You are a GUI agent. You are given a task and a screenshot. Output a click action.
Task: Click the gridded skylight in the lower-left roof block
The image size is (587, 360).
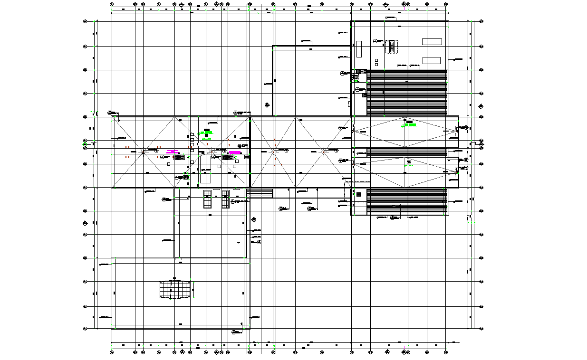tap(176, 289)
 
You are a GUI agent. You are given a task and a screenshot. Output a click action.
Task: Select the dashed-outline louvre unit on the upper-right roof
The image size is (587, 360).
tap(392, 46)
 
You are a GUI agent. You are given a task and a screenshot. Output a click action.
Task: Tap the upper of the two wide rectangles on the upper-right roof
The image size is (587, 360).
tap(432, 41)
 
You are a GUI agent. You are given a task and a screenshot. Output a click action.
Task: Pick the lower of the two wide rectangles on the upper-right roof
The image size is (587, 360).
tap(432, 60)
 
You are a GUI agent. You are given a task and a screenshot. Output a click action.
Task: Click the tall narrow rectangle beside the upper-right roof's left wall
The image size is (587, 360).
tap(359, 49)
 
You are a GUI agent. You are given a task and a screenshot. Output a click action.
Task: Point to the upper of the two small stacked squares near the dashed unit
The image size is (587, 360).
tap(376, 60)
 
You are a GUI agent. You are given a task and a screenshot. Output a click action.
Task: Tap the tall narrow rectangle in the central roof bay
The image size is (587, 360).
tap(205, 176)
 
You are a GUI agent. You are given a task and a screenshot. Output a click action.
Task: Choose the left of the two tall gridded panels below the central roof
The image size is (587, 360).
tap(207, 199)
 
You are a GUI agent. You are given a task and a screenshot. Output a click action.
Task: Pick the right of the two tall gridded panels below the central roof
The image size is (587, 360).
tap(225, 199)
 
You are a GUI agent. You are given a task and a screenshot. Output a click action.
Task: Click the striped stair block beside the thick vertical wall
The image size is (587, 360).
tap(260, 193)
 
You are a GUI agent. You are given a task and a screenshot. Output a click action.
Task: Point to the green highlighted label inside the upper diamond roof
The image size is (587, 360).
tap(410, 125)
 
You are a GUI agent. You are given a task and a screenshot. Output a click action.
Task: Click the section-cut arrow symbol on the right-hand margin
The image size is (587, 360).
tap(481, 106)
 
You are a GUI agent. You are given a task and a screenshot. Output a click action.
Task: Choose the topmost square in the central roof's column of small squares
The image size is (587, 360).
tap(192, 134)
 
